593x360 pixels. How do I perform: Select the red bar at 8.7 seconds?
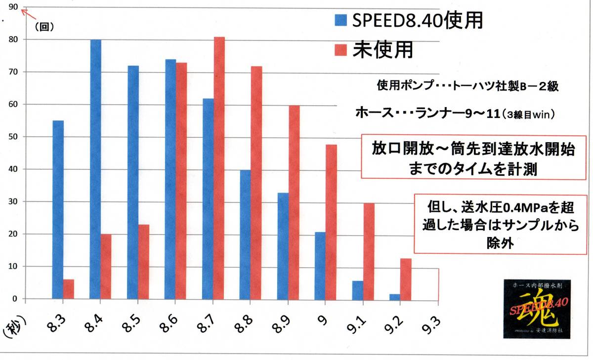[219, 168]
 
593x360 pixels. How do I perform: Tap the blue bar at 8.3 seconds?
[58, 209]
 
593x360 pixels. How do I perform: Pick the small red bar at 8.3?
[69, 289]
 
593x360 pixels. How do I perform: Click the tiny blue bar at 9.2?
[394, 296]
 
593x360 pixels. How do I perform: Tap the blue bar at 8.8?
[245, 234]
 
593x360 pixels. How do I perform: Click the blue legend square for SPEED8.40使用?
[341, 20]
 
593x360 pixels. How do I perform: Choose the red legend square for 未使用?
[341, 49]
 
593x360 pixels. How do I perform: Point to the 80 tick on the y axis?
[13, 40]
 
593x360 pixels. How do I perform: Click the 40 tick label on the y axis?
[13, 169]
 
